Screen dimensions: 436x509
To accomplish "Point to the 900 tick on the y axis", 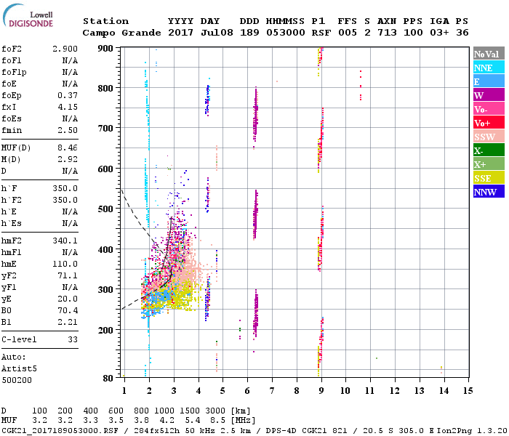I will click(107, 48).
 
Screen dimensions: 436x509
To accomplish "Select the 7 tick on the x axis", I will click(272, 391).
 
